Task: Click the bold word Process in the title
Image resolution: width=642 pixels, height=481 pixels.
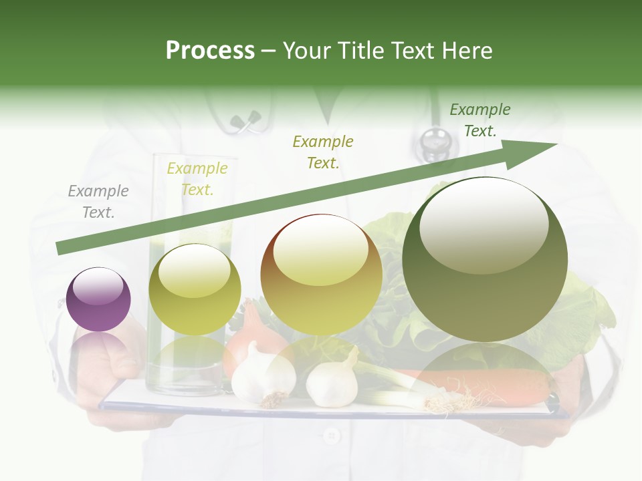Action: coord(210,51)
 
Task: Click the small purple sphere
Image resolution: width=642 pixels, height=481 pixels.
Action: coord(98,299)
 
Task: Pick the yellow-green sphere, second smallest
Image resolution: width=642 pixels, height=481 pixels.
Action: coord(195,289)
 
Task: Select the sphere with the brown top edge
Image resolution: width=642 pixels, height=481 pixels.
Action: coord(321,275)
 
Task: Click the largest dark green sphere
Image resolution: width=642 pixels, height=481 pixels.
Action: coord(485,259)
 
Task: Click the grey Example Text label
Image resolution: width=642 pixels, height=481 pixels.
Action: coord(98,202)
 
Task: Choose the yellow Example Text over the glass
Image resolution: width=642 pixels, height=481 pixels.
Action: coord(197,179)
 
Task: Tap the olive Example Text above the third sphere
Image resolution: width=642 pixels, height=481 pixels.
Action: coord(323,152)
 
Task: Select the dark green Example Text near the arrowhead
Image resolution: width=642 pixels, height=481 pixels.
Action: coord(479,120)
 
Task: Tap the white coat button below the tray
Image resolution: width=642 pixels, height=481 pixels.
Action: coord(330,436)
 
